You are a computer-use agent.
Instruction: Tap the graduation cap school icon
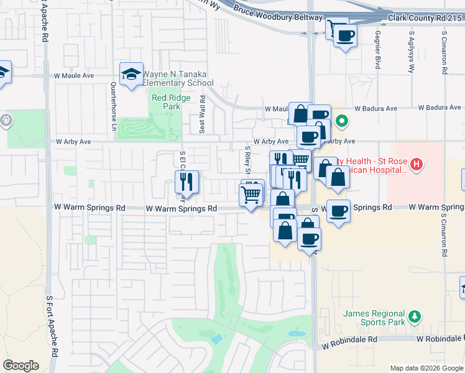tap(132, 75)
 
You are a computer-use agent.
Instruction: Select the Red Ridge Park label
tap(166, 102)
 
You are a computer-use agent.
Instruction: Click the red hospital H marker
tap(417, 165)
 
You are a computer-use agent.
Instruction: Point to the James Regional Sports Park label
tap(374, 318)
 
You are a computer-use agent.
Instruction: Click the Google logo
tap(21, 365)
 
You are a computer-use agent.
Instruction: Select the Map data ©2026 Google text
tap(426, 368)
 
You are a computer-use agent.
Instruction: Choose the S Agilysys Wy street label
tap(411, 52)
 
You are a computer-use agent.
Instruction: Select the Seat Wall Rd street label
tap(203, 114)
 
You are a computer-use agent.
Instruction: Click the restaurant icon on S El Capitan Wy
tap(187, 182)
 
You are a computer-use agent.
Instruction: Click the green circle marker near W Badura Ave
tap(341, 121)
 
